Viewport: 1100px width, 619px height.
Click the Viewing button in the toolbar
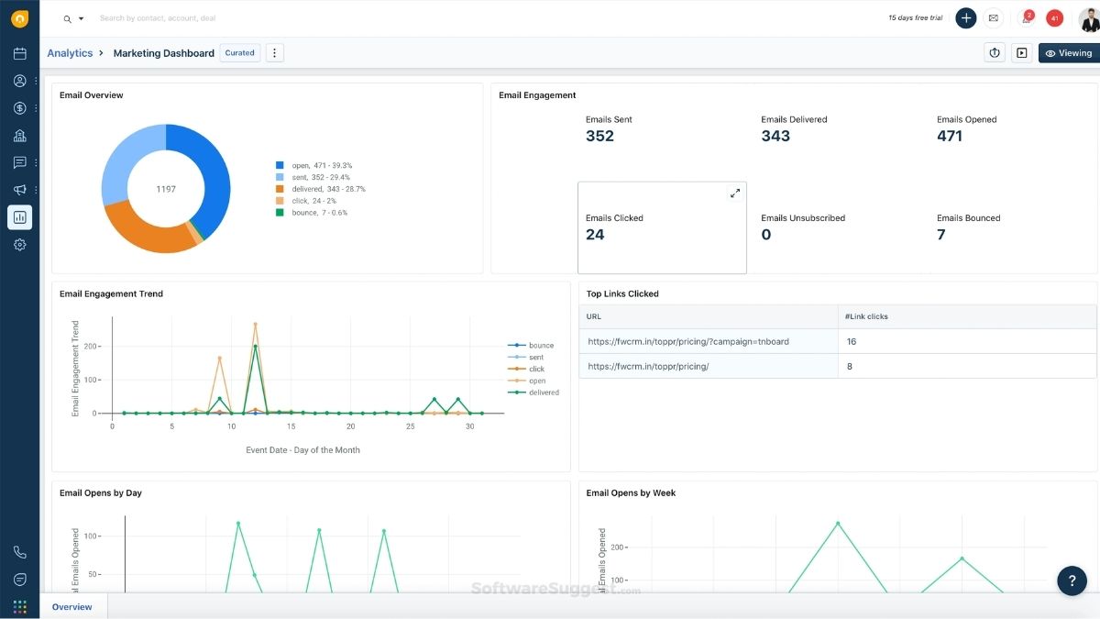point(1068,53)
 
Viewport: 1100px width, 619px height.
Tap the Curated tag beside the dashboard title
point(240,53)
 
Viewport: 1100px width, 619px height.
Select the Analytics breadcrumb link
point(70,53)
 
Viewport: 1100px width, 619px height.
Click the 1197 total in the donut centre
point(166,189)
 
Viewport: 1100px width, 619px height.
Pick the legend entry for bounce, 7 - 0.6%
point(312,213)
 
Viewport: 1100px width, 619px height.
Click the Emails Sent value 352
point(599,137)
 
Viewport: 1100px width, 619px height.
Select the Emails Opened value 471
point(950,137)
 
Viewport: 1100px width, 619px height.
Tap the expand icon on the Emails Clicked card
point(734,193)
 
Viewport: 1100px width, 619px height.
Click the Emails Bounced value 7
point(940,235)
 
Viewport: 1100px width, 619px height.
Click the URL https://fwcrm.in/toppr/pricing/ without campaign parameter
point(648,366)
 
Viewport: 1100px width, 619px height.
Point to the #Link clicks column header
point(866,316)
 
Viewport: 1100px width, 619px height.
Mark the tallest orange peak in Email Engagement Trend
point(256,325)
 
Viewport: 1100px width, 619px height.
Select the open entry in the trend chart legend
point(536,381)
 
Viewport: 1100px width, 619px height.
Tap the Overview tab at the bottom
point(71,607)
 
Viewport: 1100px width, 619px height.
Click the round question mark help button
point(1072,580)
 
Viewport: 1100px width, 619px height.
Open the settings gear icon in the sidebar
point(19,245)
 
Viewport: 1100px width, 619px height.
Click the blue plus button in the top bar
point(965,17)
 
